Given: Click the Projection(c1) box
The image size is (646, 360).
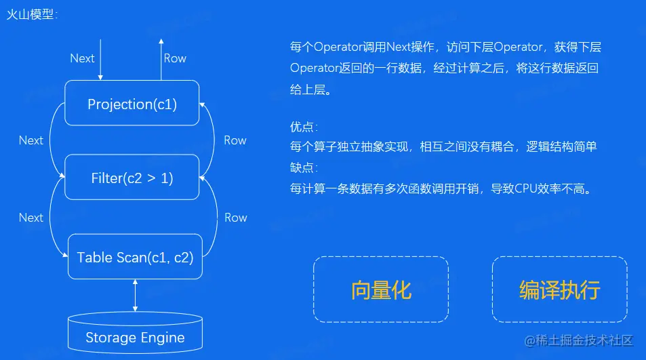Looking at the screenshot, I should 132,104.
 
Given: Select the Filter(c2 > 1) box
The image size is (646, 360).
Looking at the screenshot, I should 132,178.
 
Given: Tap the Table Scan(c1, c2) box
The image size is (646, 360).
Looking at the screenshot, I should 136,257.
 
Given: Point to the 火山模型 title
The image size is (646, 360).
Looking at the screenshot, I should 30,14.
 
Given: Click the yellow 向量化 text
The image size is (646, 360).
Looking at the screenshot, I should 381,289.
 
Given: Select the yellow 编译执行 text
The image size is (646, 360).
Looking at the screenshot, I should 559,289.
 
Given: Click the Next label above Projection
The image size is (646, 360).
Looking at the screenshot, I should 82,58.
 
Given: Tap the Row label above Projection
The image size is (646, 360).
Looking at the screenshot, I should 175,58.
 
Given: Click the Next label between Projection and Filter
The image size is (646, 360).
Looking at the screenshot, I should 31,140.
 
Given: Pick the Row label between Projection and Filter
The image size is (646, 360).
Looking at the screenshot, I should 235,140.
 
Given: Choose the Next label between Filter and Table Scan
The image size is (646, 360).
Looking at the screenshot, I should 31,218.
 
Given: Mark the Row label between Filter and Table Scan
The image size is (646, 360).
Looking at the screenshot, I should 236,218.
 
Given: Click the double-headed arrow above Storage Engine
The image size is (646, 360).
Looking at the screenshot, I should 136,296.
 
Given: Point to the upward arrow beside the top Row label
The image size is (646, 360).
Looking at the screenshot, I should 161,58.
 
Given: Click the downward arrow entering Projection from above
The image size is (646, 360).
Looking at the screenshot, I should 100,60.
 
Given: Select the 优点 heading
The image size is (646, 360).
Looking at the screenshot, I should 303,127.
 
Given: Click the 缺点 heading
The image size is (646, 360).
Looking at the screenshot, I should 303,167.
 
